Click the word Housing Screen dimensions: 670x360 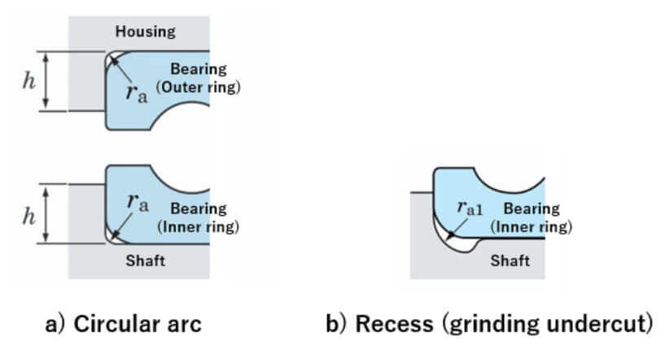click(x=145, y=32)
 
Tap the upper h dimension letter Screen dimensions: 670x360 click(x=28, y=81)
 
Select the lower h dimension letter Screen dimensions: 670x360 click(x=28, y=216)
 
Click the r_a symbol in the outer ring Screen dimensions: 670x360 click(x=137, y=93)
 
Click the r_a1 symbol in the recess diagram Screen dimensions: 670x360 click(x=470, y=208)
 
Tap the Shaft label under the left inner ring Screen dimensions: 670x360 click(x=145, y=261)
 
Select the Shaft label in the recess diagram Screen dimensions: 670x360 click(x=510, y=261)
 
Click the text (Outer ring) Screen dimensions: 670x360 click(x=199, y=87)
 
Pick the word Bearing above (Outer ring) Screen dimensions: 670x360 click(x=199, y=69)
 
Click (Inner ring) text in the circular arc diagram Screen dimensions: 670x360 click(x=199, y=226)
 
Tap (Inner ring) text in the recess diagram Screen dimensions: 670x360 click(x=531, y=226)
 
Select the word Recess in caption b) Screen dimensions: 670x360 click(x=394, y=323)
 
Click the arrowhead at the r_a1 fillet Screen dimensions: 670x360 click(x=450, y=235)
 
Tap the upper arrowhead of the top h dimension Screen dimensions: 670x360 click(x=46, y=57)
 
